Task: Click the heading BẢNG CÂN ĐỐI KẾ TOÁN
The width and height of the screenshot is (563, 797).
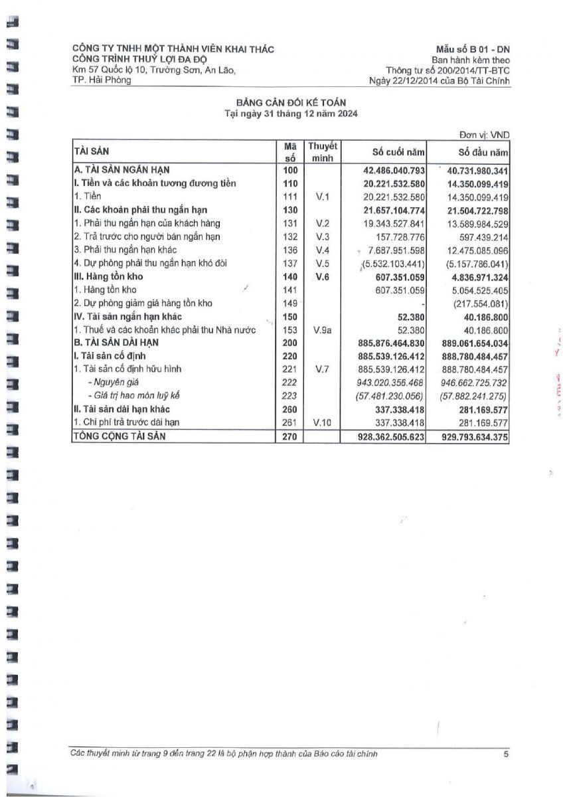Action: pos(291,102)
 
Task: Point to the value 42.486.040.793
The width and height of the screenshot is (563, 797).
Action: pos(389,170)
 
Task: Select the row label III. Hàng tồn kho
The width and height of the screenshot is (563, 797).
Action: pos(108,276)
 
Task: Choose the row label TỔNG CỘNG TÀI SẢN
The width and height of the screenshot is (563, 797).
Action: pos(119,436)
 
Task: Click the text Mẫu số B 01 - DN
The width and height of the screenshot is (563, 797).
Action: pos(473,50)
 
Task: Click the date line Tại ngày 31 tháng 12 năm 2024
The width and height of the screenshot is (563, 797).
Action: pos(291,113)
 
